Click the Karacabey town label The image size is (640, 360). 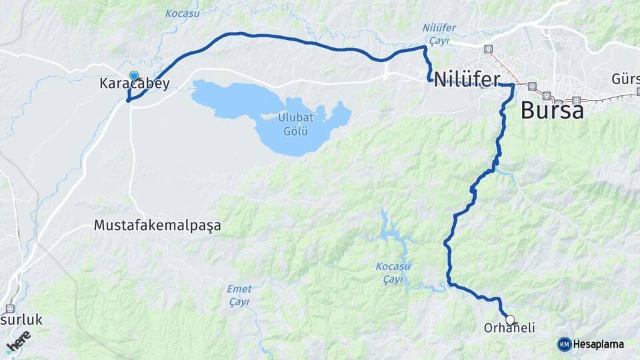[x=134, y=84]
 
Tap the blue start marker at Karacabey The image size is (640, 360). [x=134, y=76]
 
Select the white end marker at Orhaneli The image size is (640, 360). [x=510, y=320]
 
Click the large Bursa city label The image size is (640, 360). [x=552, y=110]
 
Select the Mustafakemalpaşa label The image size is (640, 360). [x=157, y=225]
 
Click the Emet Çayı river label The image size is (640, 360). [x=239, y=295]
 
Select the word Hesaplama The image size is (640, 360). [x=598, y=345]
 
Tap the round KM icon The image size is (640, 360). [x=565, y=345]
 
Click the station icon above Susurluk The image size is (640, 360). [x=10, y=309]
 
